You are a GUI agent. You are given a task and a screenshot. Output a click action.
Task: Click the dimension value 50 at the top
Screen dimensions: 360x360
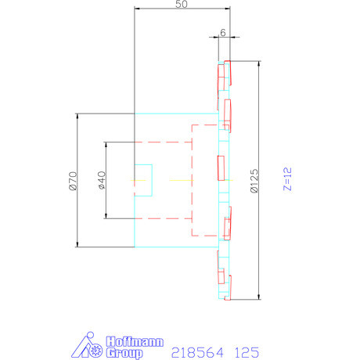click(x=182, y=5)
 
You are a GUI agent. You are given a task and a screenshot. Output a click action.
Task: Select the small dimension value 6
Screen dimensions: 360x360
click(x=223, y=32)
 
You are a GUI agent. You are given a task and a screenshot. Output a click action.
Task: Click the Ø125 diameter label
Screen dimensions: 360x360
click(x=253, y=181)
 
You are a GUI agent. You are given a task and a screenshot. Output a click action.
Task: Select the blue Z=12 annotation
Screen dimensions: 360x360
click(x=287, y=181)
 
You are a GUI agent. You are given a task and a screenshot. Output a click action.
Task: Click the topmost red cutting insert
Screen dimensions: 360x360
click(x=224, y=74)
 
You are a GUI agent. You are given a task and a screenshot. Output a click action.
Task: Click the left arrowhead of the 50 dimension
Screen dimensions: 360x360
click(x=139, y=10)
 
